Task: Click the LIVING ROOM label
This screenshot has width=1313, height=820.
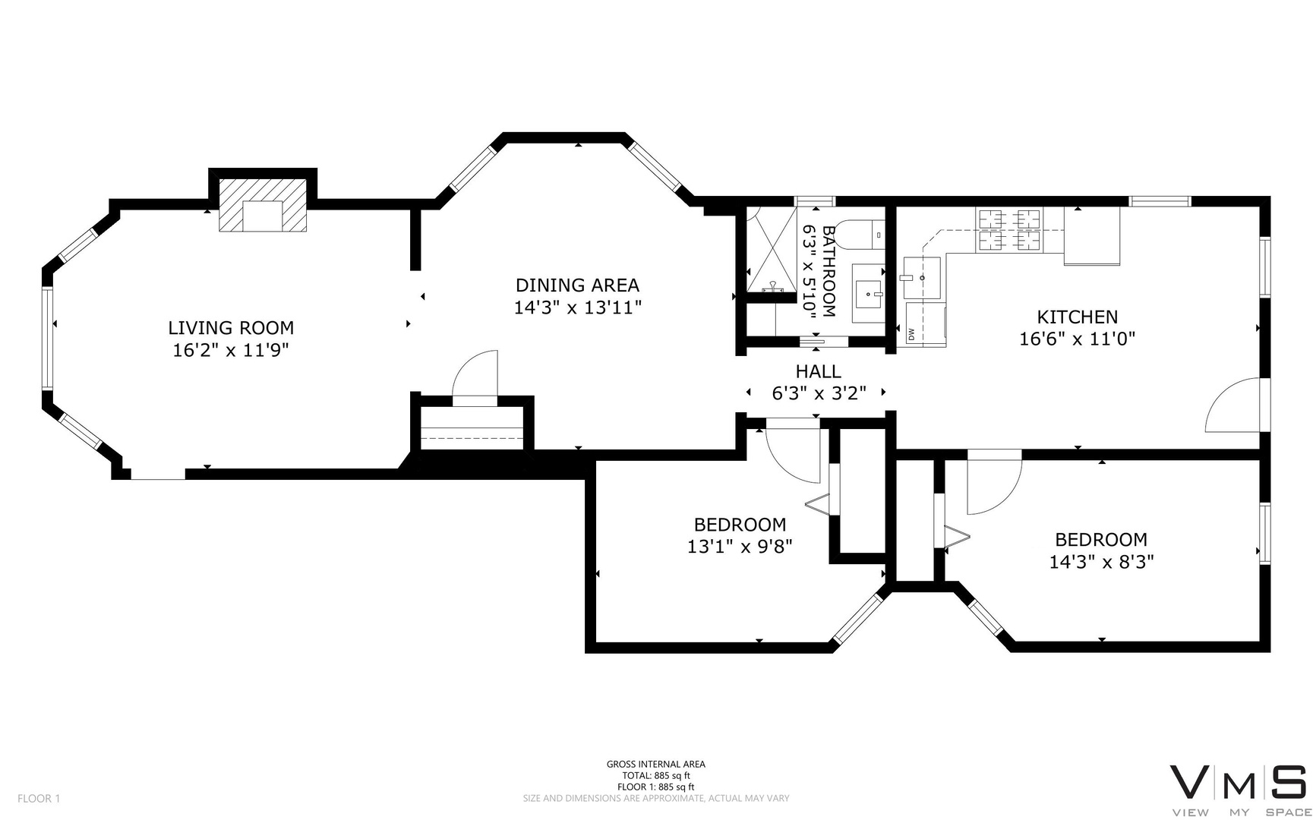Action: [x=231, y=328]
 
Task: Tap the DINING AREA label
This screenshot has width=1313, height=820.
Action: [x=577, y=285]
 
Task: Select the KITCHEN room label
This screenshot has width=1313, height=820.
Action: [x=1078, y=317]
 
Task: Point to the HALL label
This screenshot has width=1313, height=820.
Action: [x=819, y=371]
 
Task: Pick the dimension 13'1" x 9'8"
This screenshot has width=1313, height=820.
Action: [x=740, y=547]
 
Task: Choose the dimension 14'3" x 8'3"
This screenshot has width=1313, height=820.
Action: [x=1102, y=562]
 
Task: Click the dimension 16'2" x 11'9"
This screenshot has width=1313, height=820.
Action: [x=231, y=350]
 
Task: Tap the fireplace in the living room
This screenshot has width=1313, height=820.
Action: [x=263, y=205]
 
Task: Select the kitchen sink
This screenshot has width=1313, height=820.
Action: [x=922, y=278]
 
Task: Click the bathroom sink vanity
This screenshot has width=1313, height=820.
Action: [x=868, y=293]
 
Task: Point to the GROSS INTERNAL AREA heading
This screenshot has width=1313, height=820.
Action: [x=656, y=765]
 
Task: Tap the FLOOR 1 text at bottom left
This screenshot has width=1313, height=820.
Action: [x=39, y=798]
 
